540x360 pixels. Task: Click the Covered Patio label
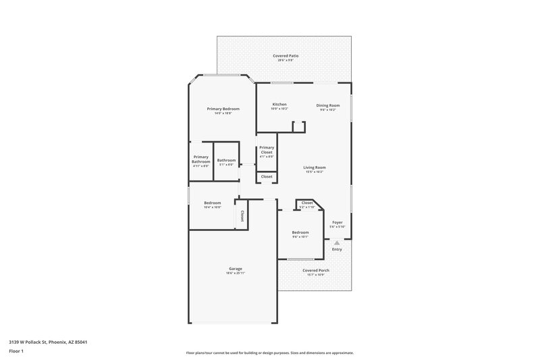coord(286,55)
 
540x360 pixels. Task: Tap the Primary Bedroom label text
coord(223,109)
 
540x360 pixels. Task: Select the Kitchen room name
coord(279,105)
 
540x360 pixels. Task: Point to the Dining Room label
coord(329,105)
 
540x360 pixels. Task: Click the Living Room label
coord(315,168)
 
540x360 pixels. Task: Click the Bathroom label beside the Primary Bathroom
coord(226,160)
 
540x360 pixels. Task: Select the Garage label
coord(235,269)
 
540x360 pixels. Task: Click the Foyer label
coord(337,222)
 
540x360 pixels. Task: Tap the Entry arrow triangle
coord(337,242)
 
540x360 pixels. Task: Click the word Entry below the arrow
coord(337,249)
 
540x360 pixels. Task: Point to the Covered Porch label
coord(316,270)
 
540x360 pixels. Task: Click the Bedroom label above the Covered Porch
coord(300,232)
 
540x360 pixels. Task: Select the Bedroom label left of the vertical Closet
coord(213,203)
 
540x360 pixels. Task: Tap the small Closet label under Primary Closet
coord(267,177)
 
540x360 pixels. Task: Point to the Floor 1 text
coord(16,352)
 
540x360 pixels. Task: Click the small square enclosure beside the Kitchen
coord(298,127)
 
